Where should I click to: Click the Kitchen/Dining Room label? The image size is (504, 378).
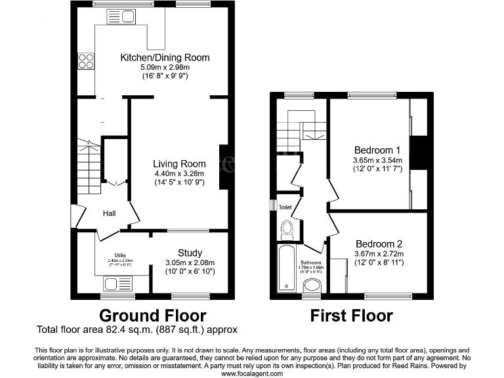(x=165, y=58)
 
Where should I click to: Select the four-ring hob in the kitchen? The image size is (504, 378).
(x=86, y=61)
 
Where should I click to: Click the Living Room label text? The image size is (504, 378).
(x=179, y=163)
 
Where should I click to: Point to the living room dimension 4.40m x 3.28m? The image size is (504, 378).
(x=179, y=173)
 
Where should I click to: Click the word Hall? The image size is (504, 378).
(x=110, y=213)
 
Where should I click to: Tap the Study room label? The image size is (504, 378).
(x=190, y=253)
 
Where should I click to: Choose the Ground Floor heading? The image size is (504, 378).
(x=152, y=316)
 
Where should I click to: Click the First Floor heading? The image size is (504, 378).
(x=351, y=316)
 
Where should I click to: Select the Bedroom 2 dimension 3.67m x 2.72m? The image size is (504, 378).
(x=379, y=254)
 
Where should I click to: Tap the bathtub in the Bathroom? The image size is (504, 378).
(x=287, y=268)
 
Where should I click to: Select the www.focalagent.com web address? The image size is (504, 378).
(x=252, y=373)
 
